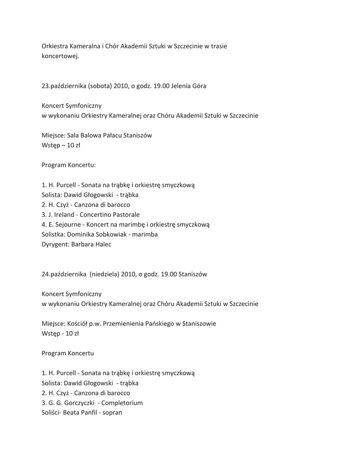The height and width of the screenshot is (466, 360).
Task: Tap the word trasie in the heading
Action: point(218,46)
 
